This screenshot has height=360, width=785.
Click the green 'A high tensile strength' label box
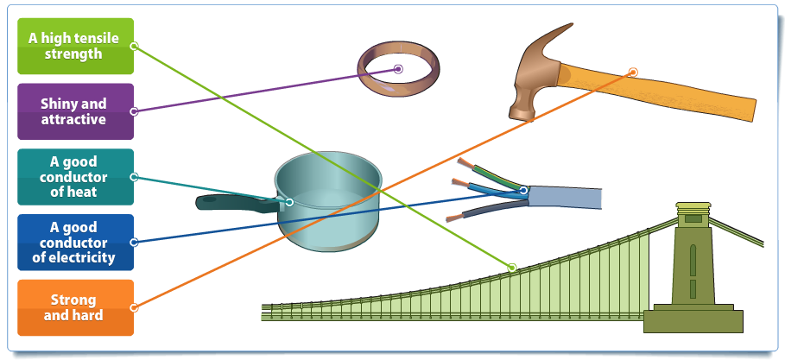click(x=76, y=46)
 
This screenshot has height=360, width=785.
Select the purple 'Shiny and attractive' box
click(x=76, y=111)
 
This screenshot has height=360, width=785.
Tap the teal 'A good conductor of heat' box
click(x=76, y=177)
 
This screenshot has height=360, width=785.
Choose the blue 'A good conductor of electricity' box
click(x=76, y=243)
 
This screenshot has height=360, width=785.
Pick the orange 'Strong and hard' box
click(x=76, y=307)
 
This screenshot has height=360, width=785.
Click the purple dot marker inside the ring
click(x=398, y=69)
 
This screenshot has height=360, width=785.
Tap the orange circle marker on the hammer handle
click(x=633, y=73)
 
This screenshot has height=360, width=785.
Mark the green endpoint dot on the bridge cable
click(x=511, y=268)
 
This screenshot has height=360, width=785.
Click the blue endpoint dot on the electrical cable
click(x=523, y=190)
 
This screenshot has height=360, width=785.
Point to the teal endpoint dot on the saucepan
click(x=288, y=202)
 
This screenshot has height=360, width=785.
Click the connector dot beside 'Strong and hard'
click(x=134, y=307)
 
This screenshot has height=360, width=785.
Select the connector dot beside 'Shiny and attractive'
click(x=134, y=111)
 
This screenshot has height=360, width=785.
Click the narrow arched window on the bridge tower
click(x=693, y=260)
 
